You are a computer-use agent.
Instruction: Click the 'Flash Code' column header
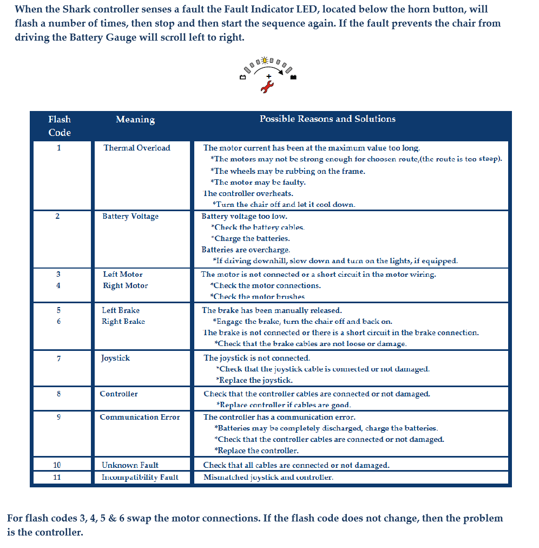(60, 126)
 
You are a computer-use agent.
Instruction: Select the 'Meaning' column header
(135, 120)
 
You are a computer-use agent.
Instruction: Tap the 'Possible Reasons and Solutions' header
(327, 119)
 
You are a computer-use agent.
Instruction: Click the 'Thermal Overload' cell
(137, 148)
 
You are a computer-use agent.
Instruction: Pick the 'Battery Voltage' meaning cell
(130, 217)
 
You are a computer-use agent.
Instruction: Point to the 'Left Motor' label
(123, 275)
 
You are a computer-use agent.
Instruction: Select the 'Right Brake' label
(123, 322)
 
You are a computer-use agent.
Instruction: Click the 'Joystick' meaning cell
(115, 358)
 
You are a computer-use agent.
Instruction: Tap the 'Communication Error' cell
(140, 417)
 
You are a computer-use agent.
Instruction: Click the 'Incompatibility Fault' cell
(140, 477)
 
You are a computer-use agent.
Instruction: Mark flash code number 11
(57, 477)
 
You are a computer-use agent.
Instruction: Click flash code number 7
(58, 358)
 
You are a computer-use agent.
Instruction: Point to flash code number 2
(58, 217)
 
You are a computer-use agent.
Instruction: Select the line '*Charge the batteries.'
(250, 238)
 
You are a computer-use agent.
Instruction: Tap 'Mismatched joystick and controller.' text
(268, 477)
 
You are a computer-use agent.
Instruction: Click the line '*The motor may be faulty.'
(259, 182)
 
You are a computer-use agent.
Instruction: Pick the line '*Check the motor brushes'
(258, 297)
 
